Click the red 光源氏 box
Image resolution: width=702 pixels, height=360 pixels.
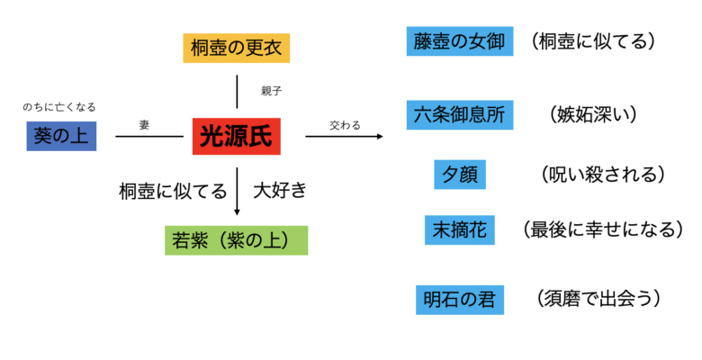tap(236, 137)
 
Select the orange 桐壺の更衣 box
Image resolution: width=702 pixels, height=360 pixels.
tap(237, 47)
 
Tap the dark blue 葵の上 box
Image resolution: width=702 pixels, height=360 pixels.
tap(61, 136)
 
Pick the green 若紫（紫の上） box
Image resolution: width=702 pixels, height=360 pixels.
tap(236, 239)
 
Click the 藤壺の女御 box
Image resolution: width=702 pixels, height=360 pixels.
tap(459, 41)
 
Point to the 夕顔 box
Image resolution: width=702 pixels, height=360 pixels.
tap(459, 174)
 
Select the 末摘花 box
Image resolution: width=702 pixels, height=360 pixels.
tap(459, 230)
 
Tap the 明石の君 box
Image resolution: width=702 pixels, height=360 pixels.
tap(459, 299)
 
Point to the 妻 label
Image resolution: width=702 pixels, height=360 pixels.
tap(144, 125)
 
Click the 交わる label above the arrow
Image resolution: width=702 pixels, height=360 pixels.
tap(345, 125)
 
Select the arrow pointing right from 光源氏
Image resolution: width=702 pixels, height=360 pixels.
tap(345, 137)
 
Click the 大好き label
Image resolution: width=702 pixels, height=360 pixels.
tap(280, 190)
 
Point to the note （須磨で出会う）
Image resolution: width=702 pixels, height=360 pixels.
tap(597, 298)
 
